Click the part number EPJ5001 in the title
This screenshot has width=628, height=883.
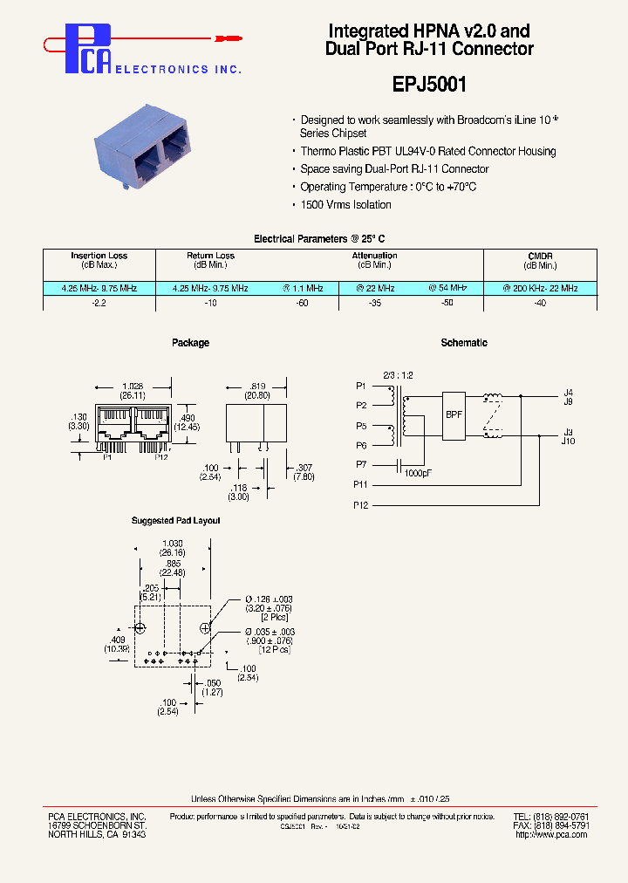coord(428,85)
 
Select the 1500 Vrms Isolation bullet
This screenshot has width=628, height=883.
coord(345,205)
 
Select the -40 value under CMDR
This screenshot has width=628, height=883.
coord(540,304)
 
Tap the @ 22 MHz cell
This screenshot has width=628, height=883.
coord(375,288)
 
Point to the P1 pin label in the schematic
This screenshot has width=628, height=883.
coord(361,385)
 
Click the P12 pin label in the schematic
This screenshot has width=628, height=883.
coord(361,505)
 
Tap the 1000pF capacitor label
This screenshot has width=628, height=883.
coord(419,474)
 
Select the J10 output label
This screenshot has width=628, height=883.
coord(568,441)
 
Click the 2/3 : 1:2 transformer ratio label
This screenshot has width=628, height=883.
coord(398,374)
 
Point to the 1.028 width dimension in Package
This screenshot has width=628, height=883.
coord(133,385)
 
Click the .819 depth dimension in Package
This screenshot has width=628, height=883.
coord(256,385)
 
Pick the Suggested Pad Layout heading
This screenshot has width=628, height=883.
coord(175,521)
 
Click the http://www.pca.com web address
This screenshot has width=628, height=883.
coord(551,835)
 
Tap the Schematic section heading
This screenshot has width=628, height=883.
coord(464,343)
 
